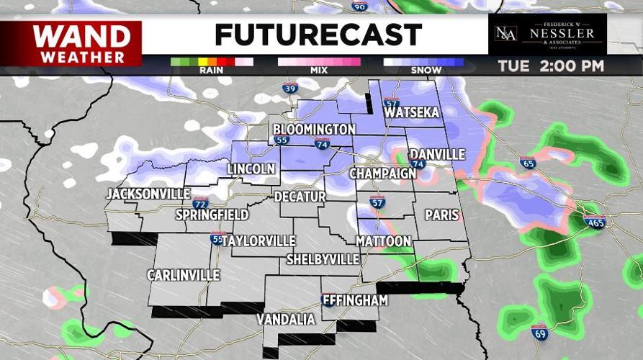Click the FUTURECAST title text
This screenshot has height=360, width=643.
[318, 35]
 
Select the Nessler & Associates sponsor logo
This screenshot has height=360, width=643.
[547, 34]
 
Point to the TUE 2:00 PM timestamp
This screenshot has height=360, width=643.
[551, 66]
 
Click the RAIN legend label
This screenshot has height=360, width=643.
[211, 71]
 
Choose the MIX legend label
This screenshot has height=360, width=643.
[319, 71]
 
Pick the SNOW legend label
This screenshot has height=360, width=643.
[423, 71]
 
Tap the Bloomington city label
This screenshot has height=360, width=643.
[314, 130]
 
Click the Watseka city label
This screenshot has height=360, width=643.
[413, 114]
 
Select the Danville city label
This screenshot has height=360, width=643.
[437, 155]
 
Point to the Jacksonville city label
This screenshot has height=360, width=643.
[148, 194]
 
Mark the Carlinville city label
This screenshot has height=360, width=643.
[183, 275]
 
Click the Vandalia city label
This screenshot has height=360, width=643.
[286, 319]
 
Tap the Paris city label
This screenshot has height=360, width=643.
[441, 215]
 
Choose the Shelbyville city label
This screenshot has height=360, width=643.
[323, 258]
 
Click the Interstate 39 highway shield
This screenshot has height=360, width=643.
[289, 89]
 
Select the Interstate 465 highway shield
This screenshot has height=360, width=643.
[594, 221]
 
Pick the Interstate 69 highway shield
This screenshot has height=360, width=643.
[540, 332]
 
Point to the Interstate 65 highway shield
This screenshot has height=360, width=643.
[528, 163]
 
